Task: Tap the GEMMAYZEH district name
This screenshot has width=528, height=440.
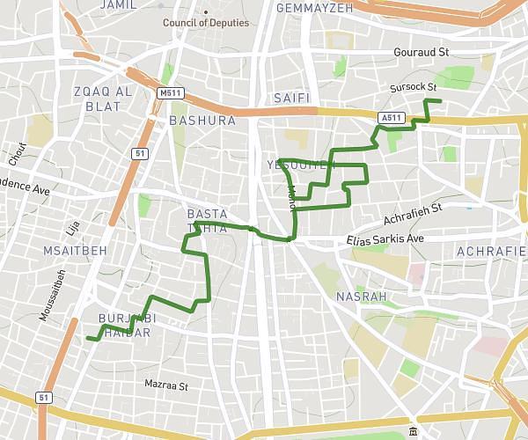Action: (x=314, y=8)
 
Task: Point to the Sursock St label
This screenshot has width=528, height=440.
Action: (x=413, y=87)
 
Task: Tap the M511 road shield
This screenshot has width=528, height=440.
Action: (x=169, y=92)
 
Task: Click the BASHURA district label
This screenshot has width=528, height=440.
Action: (x=202, y=121)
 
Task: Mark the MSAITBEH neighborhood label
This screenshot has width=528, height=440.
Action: (x=75, y=251)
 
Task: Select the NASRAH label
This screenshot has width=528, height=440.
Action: (x=361, y=297)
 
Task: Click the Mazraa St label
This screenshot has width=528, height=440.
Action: (x=166, y=385)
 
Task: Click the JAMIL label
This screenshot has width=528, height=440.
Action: (x=120, y=5)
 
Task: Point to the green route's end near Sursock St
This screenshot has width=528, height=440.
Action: (x=441, y=102)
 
